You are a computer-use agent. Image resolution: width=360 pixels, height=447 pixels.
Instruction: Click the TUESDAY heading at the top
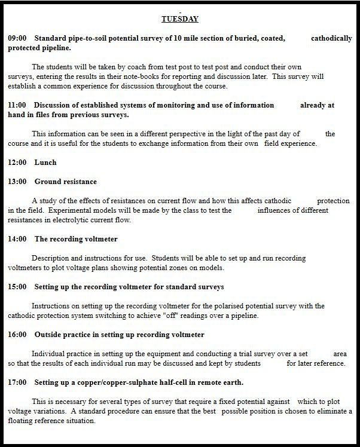(180, 19)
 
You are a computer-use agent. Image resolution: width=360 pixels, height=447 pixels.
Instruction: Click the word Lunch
(45, 163)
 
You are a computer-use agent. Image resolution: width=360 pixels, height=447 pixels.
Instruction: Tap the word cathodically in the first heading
(331, 38)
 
